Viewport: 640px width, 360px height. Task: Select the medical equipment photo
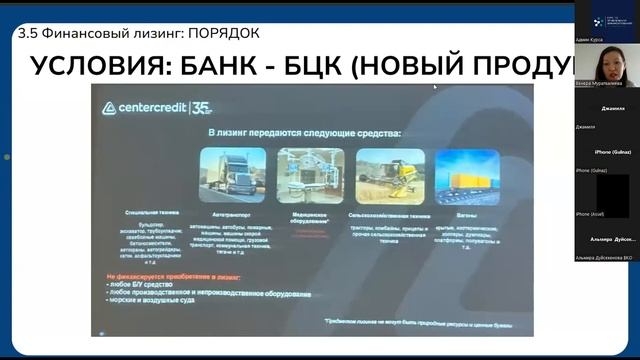(310, 175)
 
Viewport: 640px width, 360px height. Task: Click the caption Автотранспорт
(232, 213)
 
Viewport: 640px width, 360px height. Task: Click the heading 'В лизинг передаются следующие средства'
(304, 133)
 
